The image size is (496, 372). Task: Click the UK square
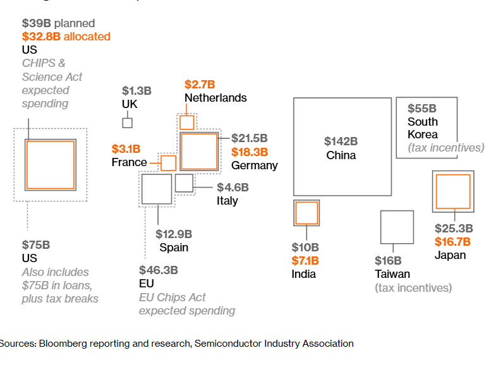(128, 123)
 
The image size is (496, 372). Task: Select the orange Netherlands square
(187, 123)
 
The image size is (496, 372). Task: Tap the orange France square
(168, 163)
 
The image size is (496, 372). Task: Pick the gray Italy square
(184, 183)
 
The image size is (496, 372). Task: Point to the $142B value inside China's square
(341, 141)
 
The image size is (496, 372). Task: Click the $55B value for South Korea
(422, 109)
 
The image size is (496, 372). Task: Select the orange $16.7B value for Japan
(452, 242)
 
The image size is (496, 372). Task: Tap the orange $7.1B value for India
(305, 261)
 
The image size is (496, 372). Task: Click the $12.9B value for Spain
(172, 234)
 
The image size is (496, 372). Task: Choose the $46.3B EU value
(159, 270)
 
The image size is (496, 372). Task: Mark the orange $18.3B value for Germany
(250, 152)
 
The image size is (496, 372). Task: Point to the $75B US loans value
(36, 244)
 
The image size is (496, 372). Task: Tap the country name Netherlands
(215, 98)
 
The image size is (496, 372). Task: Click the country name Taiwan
(392, 274)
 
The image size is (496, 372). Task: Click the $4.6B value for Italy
(233, 188)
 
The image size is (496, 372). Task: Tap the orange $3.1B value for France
(126, 149)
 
